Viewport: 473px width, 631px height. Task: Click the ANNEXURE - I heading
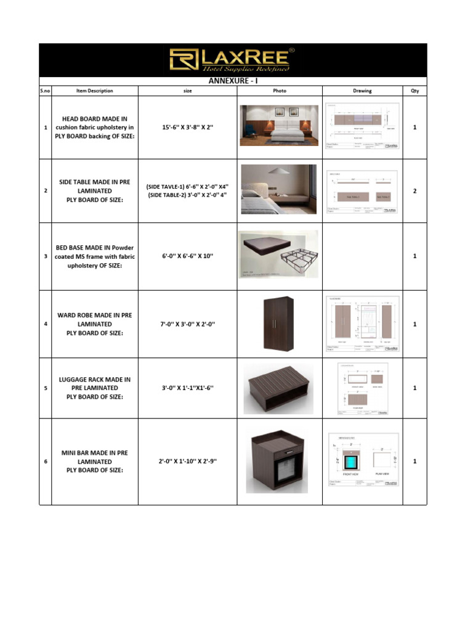(x=233, y=81)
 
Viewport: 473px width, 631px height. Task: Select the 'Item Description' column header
(x=94, y=91)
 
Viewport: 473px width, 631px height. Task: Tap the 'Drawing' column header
(x=362, y=91)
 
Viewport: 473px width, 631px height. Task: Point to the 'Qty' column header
(x=414, y=91)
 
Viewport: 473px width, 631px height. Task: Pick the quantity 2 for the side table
(x=414, y=191)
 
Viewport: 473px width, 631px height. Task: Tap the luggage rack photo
(x=278, y=388)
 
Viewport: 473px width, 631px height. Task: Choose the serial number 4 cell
(x=46, y=324)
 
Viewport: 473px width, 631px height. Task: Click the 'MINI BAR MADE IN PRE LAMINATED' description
(x=94, y=462)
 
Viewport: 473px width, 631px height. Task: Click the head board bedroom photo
(x=279, y=126)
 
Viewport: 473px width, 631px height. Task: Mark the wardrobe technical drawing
(x=362, y=324)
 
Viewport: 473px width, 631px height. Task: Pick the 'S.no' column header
(x=46, y=91)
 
